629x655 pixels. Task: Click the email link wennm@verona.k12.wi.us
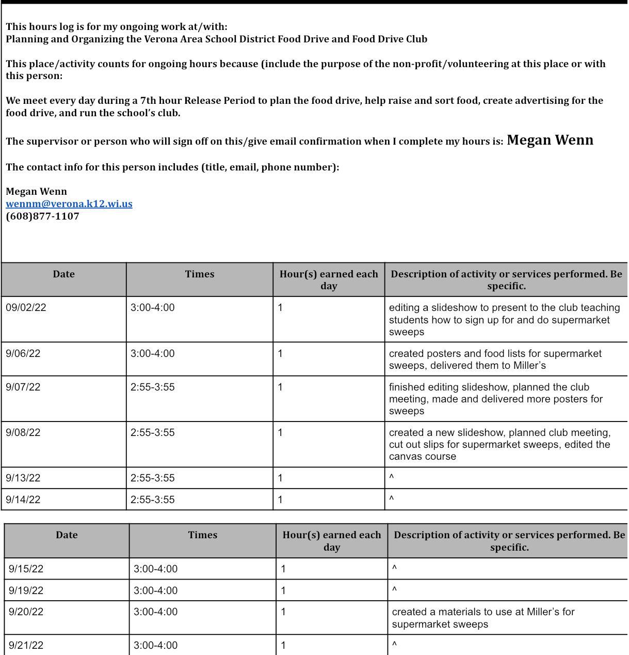click(x=69, y=204)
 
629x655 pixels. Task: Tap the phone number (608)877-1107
click(x=42, y=216)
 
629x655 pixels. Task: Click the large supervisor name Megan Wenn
click(x=550, y=140)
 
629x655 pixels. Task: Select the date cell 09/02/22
click(x=26, y=307)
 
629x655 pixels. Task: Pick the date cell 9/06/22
click(x=23, y=353)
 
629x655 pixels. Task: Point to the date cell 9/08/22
click(x=23, y=432)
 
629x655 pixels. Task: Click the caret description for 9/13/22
click(x=392, y=477)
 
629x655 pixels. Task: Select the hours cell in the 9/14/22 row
click(x=280, y=500)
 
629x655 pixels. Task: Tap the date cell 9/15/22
click(x=26, y=569)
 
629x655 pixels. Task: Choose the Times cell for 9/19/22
click(x=155, y=590)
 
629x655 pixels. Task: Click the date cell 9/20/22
click(x=26, y=612)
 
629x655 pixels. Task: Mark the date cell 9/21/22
click(x=26, y=645)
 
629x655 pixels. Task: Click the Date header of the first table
click(x=63, y=274)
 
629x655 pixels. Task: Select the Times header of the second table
click(x=202, y=535)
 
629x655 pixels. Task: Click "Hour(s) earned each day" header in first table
click(x=329, y=279)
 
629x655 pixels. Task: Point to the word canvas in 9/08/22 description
click(x=406, y=456)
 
